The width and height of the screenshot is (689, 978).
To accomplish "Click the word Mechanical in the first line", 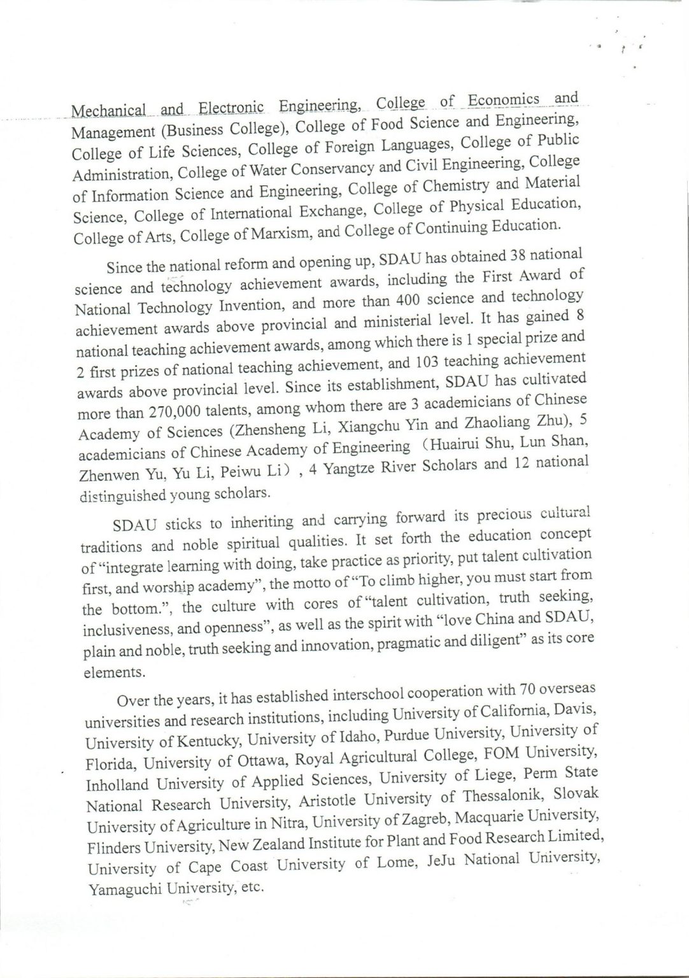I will (x=108, y=111).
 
